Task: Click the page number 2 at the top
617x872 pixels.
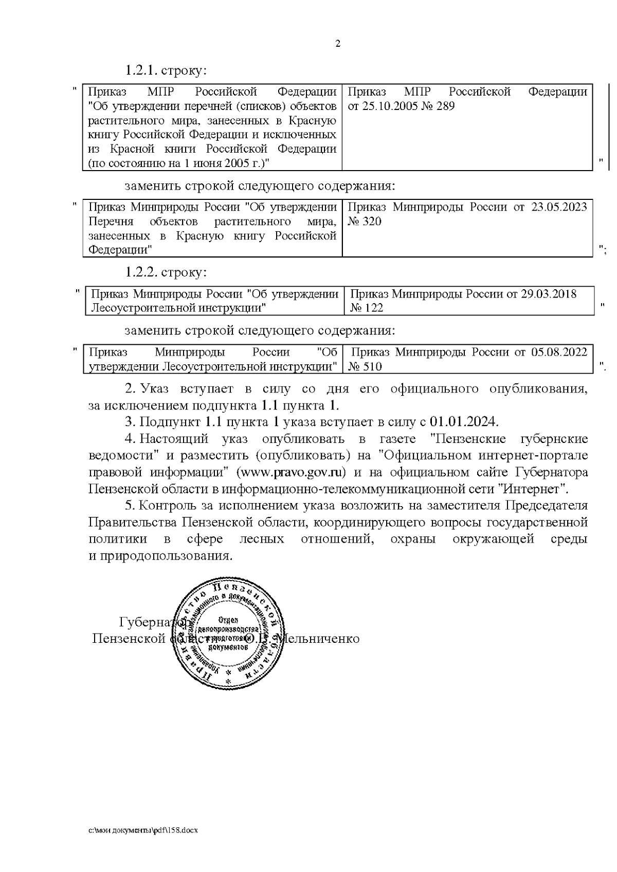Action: pyautogui.click(x=338, y=44)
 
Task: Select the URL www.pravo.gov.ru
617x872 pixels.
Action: pyautogui.click(x=293, y=472)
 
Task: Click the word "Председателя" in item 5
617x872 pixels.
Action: pyautogui.click(x=546, y=506)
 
